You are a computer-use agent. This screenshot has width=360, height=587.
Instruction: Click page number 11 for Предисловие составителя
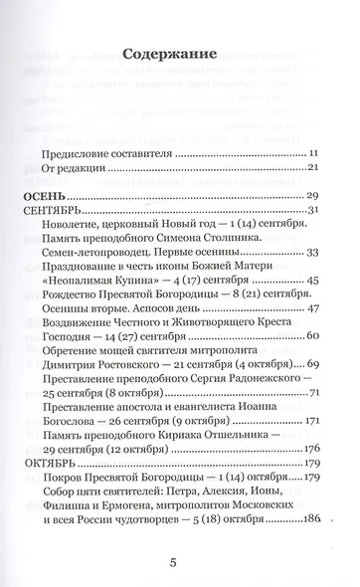tap(311, 155)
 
